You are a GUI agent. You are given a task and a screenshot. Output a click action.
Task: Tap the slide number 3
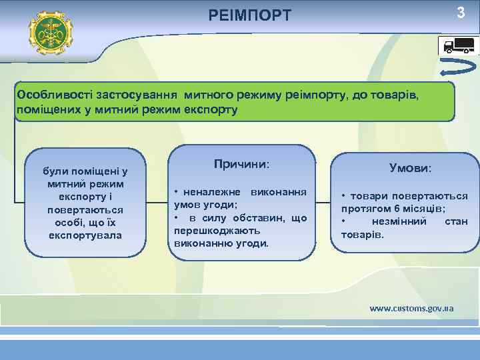tap(460, 13)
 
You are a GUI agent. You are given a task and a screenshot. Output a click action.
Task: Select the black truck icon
tap(457, 45)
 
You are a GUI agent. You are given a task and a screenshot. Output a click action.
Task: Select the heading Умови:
tap(411, 169)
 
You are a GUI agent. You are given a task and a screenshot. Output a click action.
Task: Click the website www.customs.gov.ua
tap(412, 308)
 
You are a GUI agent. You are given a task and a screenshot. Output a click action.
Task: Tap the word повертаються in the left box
tap(85, 209)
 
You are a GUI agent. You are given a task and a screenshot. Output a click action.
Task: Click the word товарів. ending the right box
tap(363, 234)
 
